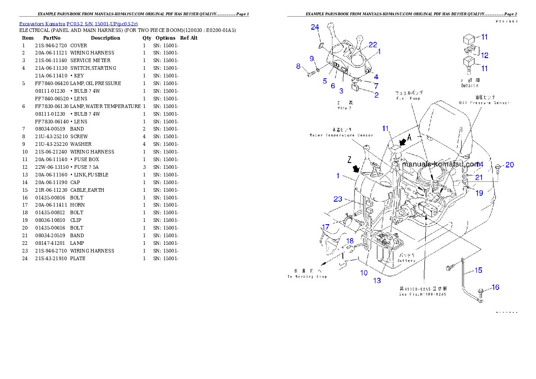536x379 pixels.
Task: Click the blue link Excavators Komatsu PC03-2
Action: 78,23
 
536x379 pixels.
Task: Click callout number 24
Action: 315,27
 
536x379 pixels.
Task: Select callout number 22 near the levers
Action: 372,45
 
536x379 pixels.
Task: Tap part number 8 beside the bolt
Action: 298,67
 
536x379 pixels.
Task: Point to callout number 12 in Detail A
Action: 485,56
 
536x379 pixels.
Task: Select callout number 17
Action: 325,227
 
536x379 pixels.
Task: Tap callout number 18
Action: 350,241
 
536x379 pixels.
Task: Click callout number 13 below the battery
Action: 377,281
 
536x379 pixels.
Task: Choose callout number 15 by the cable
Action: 478,270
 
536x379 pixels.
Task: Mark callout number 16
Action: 495,287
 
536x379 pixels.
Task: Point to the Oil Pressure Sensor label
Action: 484,103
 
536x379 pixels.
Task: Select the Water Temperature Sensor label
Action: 341,135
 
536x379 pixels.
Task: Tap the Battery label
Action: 407,261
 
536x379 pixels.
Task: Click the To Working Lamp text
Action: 307,276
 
